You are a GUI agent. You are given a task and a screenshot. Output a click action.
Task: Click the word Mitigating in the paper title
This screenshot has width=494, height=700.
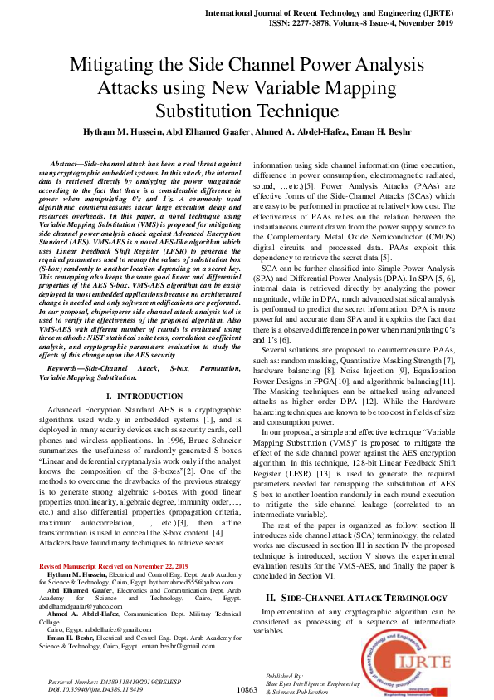coord(113,66)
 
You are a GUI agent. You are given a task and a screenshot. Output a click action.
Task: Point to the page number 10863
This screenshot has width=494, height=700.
coord(248,689)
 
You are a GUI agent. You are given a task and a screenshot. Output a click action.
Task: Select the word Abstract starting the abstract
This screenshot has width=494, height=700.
coord(90,166)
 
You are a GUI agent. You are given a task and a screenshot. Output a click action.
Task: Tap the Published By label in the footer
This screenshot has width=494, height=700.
coord(284,677)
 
